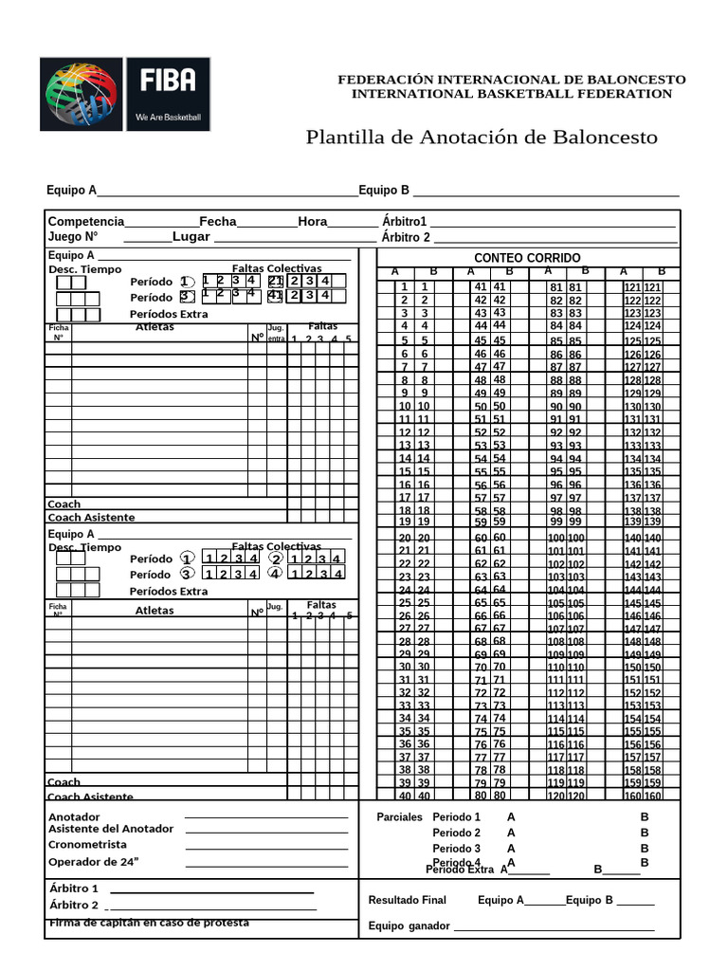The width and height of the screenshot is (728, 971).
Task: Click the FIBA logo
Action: tap(124, 94)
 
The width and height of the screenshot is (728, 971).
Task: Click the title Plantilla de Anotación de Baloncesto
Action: tap(481, 137)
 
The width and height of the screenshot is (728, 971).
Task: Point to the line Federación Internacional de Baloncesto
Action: tap(512, 80)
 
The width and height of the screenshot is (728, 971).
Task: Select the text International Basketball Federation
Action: tap(512, 94)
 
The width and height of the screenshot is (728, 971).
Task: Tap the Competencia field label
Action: tap(86, 221)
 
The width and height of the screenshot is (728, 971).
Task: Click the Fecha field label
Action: tap(218, 221)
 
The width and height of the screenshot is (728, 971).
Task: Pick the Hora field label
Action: tap(312, 221)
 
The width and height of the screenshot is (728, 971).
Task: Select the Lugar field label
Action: tap(191, 236)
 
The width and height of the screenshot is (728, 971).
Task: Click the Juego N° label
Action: tap(73, 236)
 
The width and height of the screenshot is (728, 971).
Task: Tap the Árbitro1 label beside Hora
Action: tap(405, 221)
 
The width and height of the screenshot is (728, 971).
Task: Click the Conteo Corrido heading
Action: tap(527, 258)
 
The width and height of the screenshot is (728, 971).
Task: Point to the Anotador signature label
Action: tap(74, 816)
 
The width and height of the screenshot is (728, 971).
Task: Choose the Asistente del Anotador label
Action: tap(111, 829)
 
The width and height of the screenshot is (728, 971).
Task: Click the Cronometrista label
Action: tap(87, 845)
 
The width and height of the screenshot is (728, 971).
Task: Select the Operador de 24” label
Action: tap(94, 862)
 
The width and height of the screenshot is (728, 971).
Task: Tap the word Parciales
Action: tap(399, 816)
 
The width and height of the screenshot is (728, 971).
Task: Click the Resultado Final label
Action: tap(407, 900)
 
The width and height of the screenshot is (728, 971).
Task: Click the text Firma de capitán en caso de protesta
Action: tap(149, 923)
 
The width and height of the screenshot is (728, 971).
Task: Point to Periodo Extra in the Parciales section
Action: tap(460, 869)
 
